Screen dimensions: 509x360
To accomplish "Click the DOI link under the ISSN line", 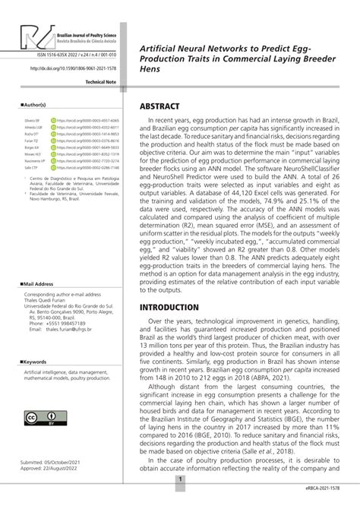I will (x=73, y=68).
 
